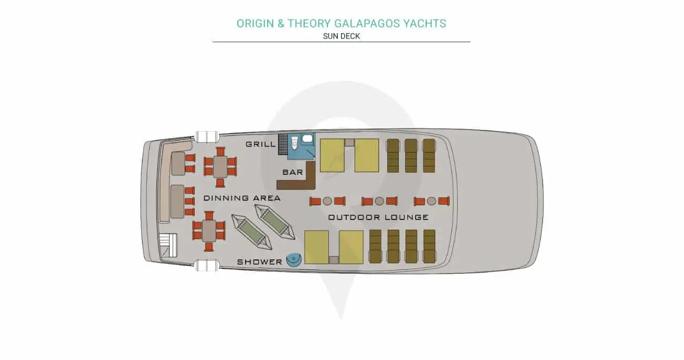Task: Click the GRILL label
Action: (260, 144)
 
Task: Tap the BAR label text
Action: (293, 172)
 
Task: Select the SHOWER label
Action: (259, 262)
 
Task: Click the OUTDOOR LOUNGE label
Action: (378, 217)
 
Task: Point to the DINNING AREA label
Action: (242, 198)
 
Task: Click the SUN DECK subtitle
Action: (341, 36)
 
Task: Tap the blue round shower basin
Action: (294, 260)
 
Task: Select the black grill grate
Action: (283, 144)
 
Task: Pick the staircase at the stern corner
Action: (168, 245)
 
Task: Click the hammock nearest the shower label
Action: (252, 232)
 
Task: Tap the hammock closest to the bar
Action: (275, 222)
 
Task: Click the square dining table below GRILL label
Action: (220, 167)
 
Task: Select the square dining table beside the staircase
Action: (209, 231)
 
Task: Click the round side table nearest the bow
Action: (431, 201)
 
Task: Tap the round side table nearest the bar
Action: (327, 201)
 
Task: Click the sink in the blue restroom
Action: (307, 138)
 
